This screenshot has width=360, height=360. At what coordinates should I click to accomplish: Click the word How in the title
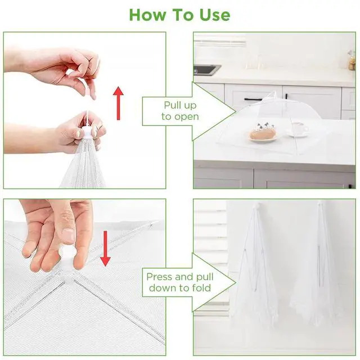tap(147, 15)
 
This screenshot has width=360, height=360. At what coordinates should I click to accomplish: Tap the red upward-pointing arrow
tap(118, 103)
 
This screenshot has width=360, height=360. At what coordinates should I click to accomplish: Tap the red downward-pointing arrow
tap(105, 249)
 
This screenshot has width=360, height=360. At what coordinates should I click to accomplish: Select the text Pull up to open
tap(180, 111)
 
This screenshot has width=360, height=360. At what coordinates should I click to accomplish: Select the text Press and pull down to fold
tap(180, 282)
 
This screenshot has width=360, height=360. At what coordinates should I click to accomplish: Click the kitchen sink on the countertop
tap(206, 69)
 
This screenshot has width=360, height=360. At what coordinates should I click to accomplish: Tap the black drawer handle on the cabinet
tap(253, 99)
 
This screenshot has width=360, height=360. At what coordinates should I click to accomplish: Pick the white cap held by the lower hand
tap(87, 132)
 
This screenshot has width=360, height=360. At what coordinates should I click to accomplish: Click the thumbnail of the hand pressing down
tap(69, 236)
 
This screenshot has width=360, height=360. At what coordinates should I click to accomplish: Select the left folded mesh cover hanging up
tap(254, 264)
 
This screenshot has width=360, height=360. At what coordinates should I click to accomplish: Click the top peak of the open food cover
tap(274, 92)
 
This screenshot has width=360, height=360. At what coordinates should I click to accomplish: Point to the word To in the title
tap(182, 15)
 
